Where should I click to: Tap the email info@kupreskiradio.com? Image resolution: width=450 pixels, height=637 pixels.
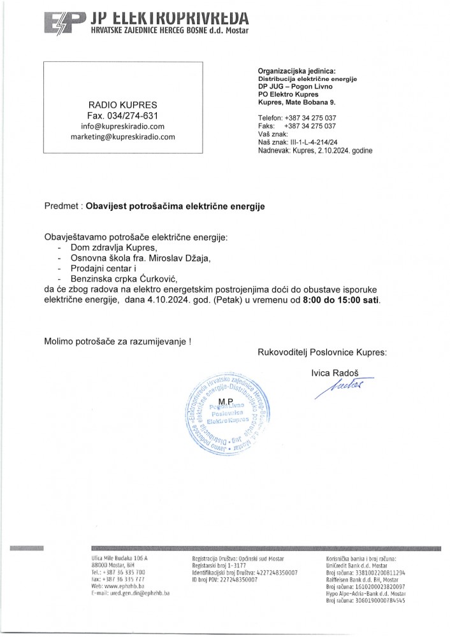click(x=122, y=126)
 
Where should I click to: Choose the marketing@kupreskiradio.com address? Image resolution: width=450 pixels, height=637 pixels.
click(x=122, y=137)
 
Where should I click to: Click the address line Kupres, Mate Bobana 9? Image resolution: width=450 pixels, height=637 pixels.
click(x=296, y=102)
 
